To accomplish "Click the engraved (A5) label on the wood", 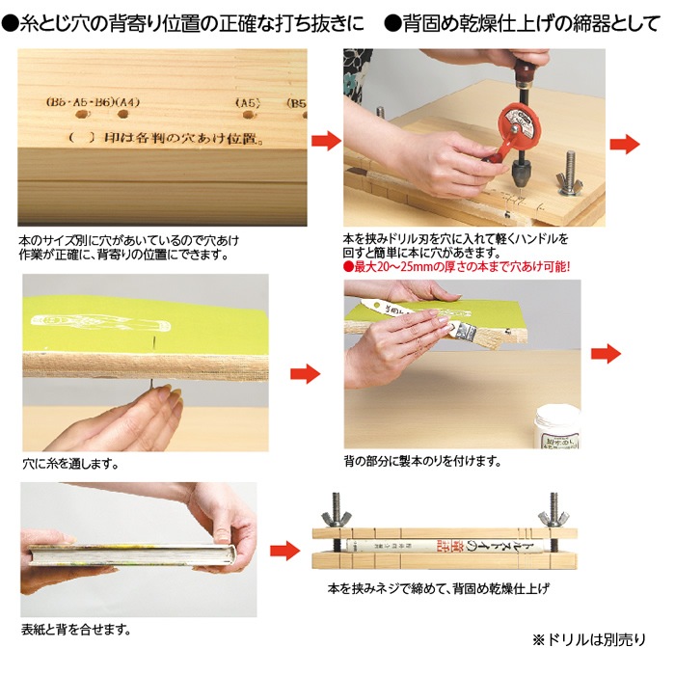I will [x=249, y=101].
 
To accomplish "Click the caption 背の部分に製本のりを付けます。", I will [x=422, y=461].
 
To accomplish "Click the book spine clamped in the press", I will [x=445, y=547].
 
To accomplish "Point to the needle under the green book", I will [x=150, y=385].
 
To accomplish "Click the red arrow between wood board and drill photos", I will [x=325, y=142].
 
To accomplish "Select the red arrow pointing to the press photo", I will [x=284, y=551].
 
